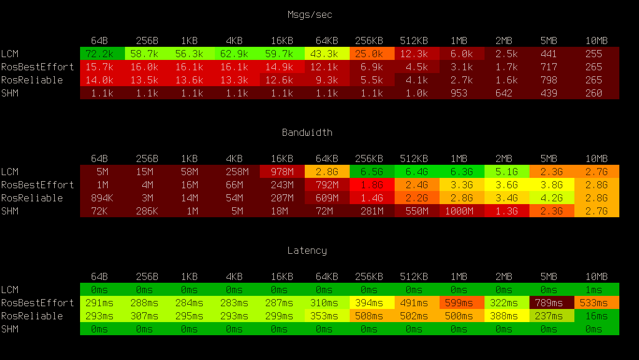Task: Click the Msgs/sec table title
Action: pyautogui.click(x=309, y=15)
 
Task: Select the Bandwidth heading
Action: pyautogui.click(x=307, y=132)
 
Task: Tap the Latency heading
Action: pyautogui.click(x=307, y=250)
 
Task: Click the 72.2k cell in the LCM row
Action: pyautogui.click(x=99, y=54)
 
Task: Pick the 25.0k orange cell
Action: pyautogui.click(x=369, y=54)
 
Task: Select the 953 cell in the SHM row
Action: pyautogui.click(x=459, y=93)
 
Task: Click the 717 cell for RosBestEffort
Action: pyautogui.click(x=549, y=67)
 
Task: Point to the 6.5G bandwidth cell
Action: pyautogui.click(x=369, y=172)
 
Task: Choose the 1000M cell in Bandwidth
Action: pyautogui.click(x=459, y=211)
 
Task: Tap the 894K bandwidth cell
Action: pyautogui.click(x=99, y=198)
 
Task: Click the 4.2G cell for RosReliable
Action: pyautogui.click(x=549, y=198)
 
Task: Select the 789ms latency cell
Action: pyautogui.click(x=549, y=303)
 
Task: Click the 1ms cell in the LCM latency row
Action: pyautogui.click(x=594, y=290)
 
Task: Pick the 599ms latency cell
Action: pyautogui.click(x=459, y=303)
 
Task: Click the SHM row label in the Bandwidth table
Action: pyautogui.click(x=10, y=211)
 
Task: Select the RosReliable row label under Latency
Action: pyautogui.click(x=32, y=316)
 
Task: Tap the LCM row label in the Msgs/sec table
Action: pyautogui.click(x=10, y=54)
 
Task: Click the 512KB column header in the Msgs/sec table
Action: pyautogui.click(x=414, y=41)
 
